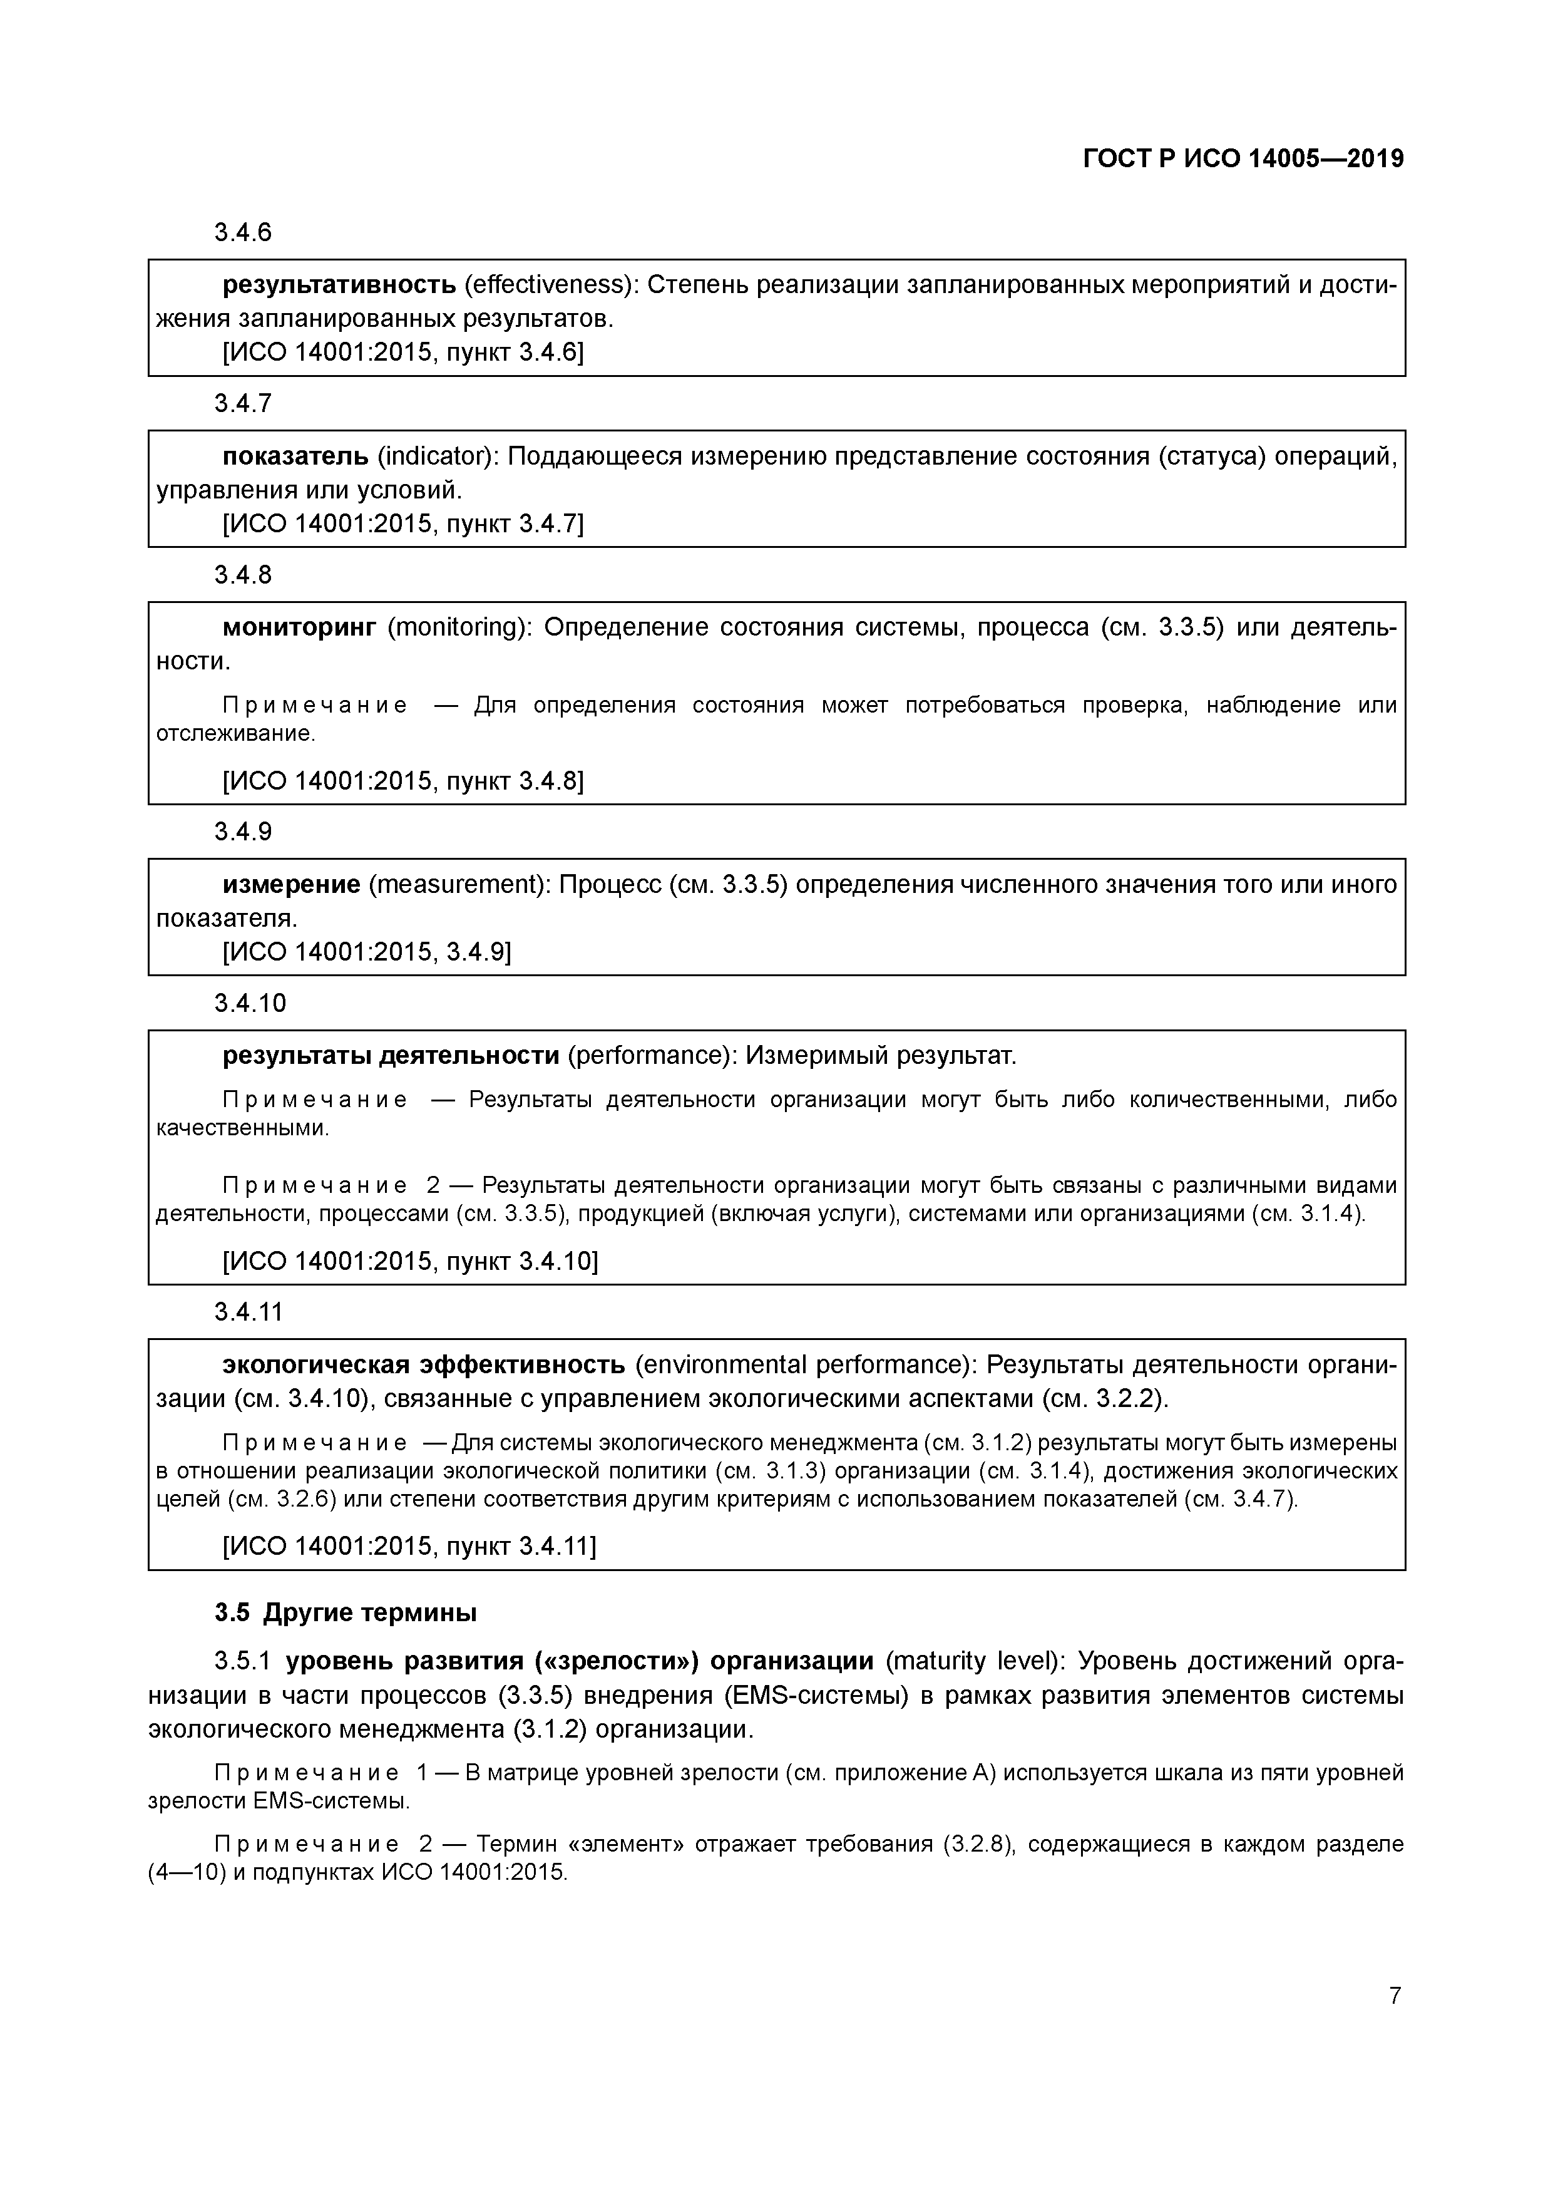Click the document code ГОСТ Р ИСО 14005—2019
coord(1243,159)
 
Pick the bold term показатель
coord(295,456)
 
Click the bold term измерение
coord(290,885)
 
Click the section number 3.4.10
coord(250,1003)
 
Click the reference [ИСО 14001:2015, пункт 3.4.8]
coord(402,781)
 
